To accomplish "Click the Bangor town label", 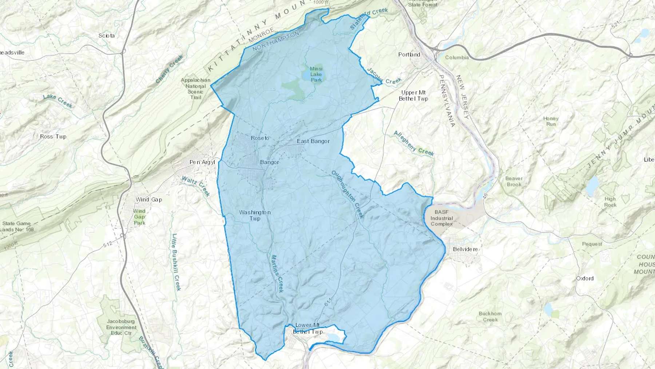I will (x=270, y=162).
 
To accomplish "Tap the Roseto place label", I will (x=260, y=138).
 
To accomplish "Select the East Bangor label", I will (x=313, y=141).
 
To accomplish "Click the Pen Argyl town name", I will (x=202, y=162).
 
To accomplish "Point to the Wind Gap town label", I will (x=148, y=200).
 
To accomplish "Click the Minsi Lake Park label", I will (x=316, y=74).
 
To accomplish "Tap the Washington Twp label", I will (x=255, y=215).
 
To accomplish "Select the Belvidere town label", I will (x=465, y=249).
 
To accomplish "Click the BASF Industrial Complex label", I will (x=441, y=218).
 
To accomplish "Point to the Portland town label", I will (x=409, y=55).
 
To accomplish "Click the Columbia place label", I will (x=457, y=58).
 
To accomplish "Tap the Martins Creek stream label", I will (x=277, y=273).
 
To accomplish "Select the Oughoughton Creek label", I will (x=348, y=194).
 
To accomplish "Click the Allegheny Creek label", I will (x=414, y=144).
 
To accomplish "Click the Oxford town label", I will (x=584, y=278).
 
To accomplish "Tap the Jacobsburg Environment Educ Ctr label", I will (x=121, y=327).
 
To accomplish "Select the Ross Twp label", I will (x=53, y=137).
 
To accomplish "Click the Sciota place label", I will (x=106, y=36).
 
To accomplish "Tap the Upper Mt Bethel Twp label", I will (x=413, y=95).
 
